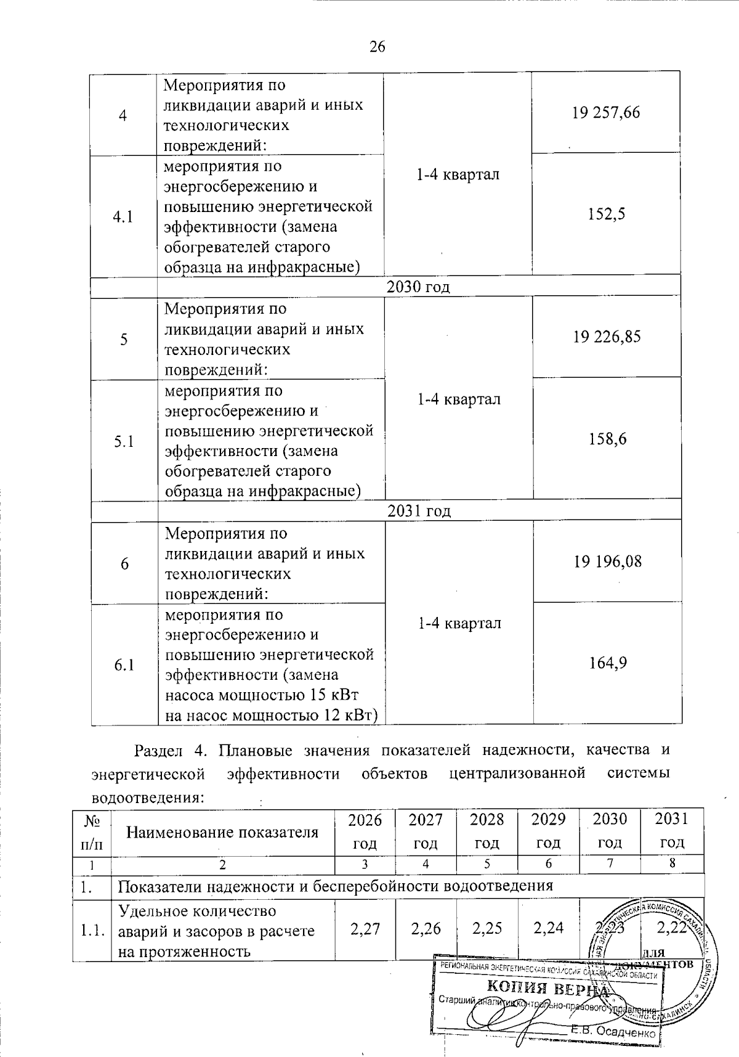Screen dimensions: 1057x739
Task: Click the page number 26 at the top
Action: pos(377,47)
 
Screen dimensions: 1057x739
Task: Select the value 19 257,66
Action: pos(607,112)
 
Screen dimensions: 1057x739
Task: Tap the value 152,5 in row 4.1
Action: pos(607,214)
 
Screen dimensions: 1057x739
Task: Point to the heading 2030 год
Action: pos(418,287)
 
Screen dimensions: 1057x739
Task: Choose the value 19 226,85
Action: pos(607,337)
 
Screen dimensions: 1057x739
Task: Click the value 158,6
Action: pos(607,439)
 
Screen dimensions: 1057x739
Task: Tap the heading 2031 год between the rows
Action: pos(419,510)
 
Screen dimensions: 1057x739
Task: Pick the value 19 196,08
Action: pos(607,561)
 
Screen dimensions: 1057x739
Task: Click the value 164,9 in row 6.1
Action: pos(607,663)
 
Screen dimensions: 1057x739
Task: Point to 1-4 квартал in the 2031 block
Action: pos(459,623)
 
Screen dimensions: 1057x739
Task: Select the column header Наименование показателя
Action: pos(222,832)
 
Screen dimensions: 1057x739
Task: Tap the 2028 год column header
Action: pos(487,831)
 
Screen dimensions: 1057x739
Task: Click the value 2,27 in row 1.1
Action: pos(365,928)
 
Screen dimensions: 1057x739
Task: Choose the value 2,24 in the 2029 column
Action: pos(548,928)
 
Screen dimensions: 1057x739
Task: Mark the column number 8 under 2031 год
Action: pos(672,863)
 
